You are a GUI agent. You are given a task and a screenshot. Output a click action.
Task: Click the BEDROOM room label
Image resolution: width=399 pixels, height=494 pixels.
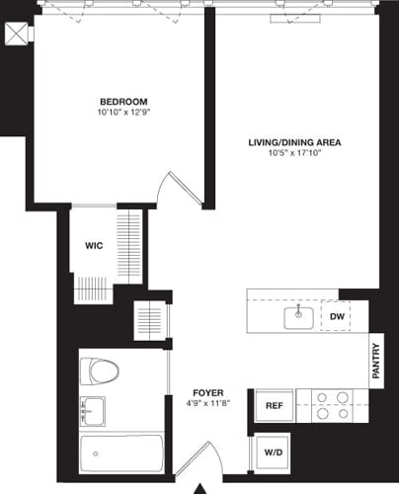click(x=123, y=102)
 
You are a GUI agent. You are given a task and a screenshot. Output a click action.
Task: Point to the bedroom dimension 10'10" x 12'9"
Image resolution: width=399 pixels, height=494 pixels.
click(x=123, y=113)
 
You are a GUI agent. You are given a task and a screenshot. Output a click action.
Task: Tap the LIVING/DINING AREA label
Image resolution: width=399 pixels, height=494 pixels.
click(x=294, y=142)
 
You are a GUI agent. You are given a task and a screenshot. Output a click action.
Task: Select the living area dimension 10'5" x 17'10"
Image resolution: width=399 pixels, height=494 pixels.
click(x=294, y=153)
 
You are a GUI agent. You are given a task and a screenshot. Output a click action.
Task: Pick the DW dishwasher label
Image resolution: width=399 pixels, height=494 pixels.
click(x=337, y=316)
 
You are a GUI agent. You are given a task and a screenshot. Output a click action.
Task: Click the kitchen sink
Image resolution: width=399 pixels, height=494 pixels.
click(x=298, y=317)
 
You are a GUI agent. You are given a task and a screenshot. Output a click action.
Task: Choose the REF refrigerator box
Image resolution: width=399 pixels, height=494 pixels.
click(x=273, y=404)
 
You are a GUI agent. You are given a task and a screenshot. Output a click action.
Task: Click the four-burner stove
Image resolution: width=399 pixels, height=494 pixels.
click(x=332, y=404)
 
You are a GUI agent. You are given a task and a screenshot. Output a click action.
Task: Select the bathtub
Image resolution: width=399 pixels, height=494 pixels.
click(x=120, y=454)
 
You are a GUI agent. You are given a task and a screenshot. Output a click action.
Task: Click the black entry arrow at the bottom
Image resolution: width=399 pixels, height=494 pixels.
click(x=201, y=488)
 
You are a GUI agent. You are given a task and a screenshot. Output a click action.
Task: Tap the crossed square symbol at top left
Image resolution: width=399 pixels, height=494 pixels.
click(x=15, y=32)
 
